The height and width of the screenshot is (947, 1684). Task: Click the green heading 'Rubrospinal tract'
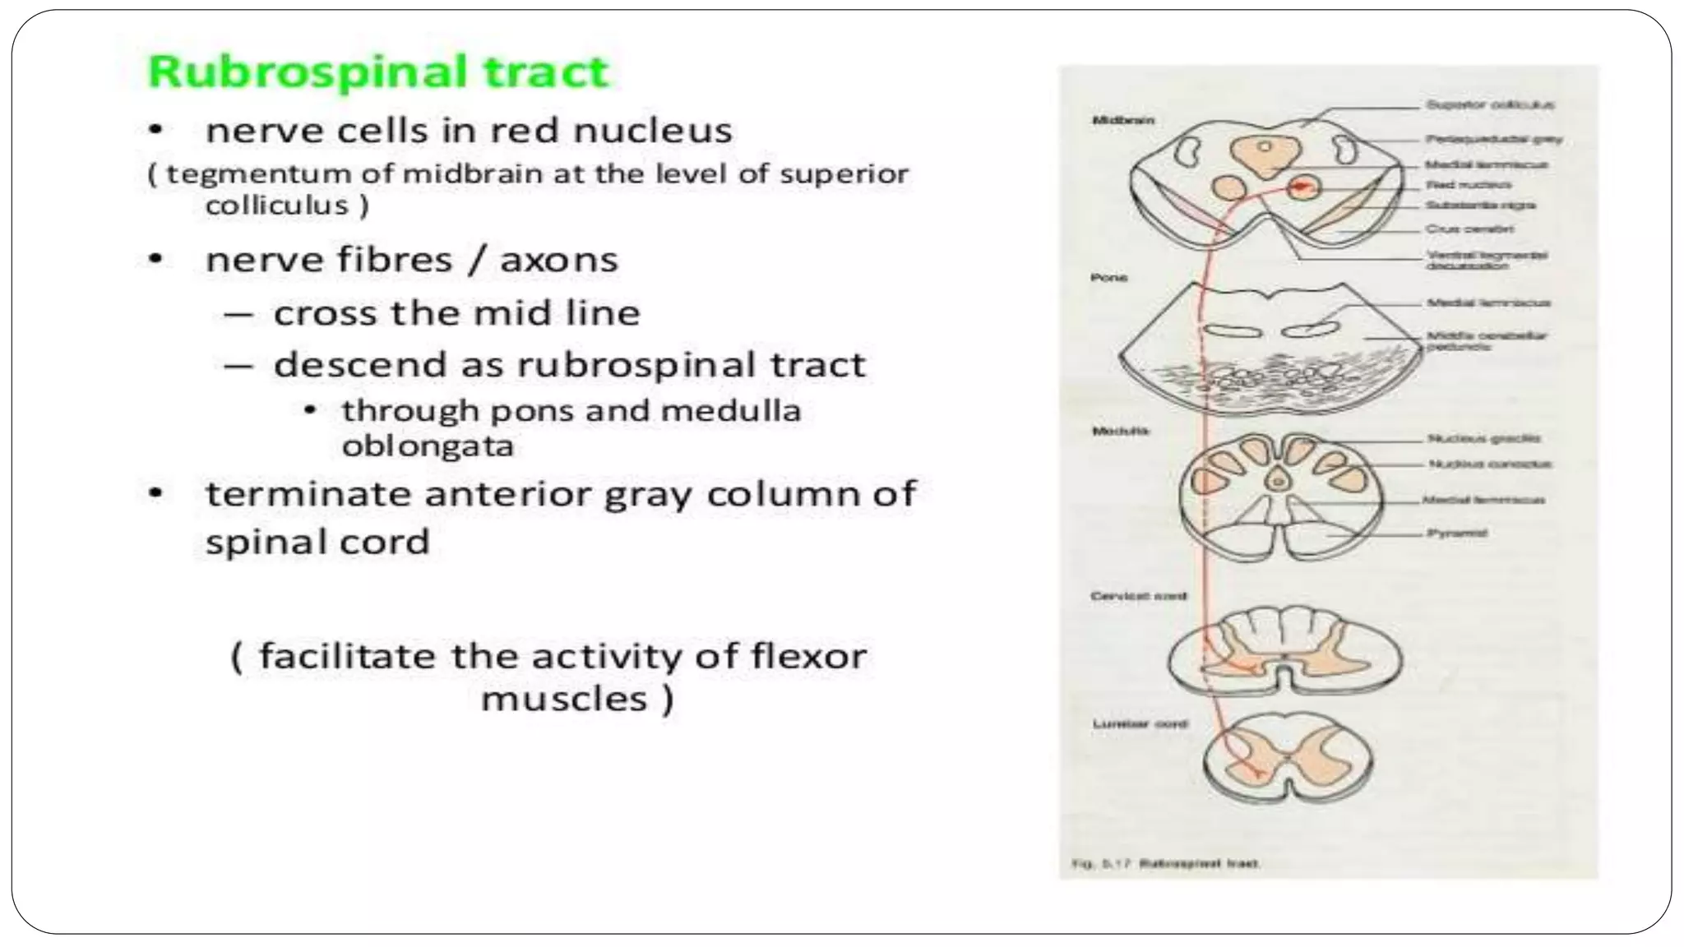(x=378, y=72)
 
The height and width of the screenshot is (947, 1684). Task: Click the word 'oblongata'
(x=428, y=446)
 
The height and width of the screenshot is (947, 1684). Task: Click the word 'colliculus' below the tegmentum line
(x=277, y=206)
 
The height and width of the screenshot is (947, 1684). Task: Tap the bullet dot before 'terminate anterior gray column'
(x=156, y=494)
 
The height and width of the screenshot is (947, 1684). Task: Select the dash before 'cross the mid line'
(x=236, y=314)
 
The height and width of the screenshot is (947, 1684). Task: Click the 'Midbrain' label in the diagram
(x=1122, y=120)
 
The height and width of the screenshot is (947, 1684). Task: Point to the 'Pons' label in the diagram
(x=1108, y=278)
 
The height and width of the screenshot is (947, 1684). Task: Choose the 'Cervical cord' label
(x=1138, y=596)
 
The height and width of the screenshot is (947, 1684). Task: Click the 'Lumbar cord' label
(x=1140, y=724)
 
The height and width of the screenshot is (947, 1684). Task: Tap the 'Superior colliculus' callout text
(x=1489, y=105)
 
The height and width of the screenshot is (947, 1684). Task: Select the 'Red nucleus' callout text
(x=1468, y=185)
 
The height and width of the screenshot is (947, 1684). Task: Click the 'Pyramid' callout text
(x=1457, y=534)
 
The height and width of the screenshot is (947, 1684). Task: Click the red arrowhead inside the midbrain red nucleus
(x=1301, y=188)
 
